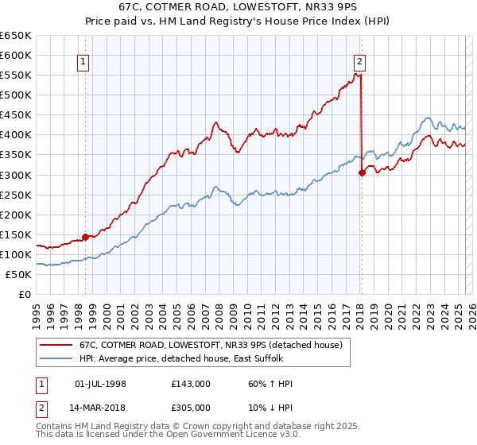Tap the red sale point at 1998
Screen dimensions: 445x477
85,236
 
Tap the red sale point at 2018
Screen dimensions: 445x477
362,172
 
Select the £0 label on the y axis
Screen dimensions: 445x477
25,294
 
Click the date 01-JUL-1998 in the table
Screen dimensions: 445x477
100,384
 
